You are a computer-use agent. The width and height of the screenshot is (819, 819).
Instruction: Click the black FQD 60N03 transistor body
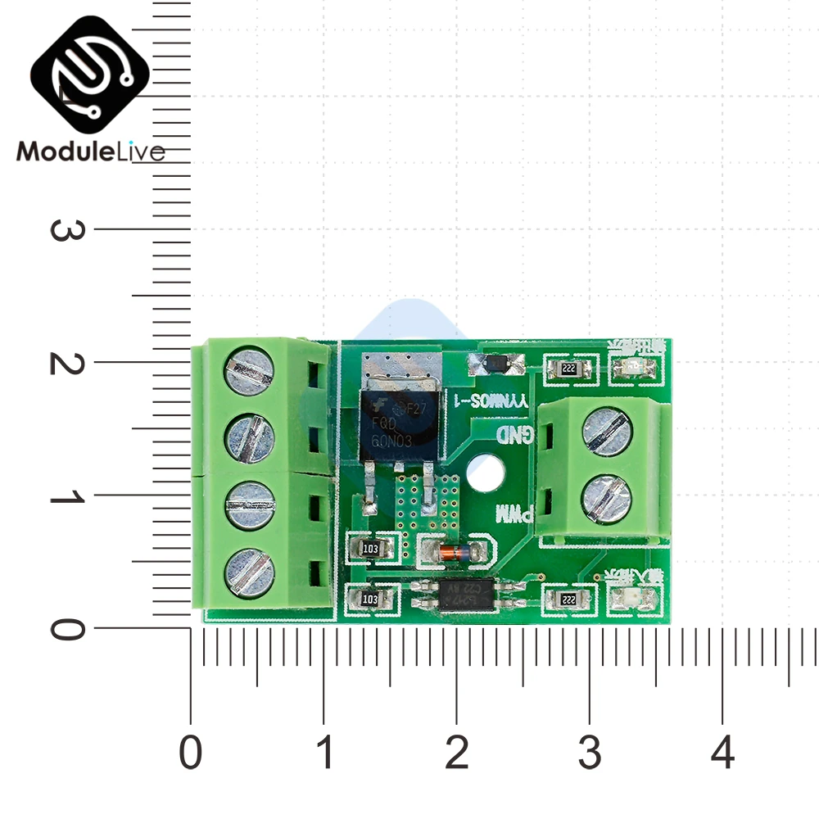pos(396,423)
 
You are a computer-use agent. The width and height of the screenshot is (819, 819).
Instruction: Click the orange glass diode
pos(451,550)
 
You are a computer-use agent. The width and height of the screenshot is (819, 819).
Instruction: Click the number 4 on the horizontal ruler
pos(722,752)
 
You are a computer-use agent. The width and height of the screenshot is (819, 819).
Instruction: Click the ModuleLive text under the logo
pos(90,152)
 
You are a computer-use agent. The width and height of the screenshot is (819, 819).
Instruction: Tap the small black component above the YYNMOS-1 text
pos(492,363)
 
